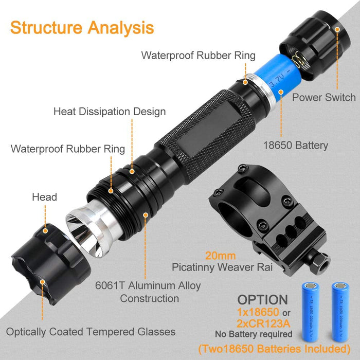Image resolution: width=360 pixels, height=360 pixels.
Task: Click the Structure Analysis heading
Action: (x=81, y=27)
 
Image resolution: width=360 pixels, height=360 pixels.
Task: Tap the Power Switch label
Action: (x=323, y=97)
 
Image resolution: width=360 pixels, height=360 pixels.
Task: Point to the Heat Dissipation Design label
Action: (x=110, y=112)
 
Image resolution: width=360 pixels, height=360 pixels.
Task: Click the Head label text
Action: (x=44, y=196)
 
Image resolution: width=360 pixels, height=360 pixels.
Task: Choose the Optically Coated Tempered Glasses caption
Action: (x=91, y=332)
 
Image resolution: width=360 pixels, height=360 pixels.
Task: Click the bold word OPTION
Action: (x=262, y=299)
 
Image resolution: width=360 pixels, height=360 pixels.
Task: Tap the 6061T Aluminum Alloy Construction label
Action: (x=153, y=292)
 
